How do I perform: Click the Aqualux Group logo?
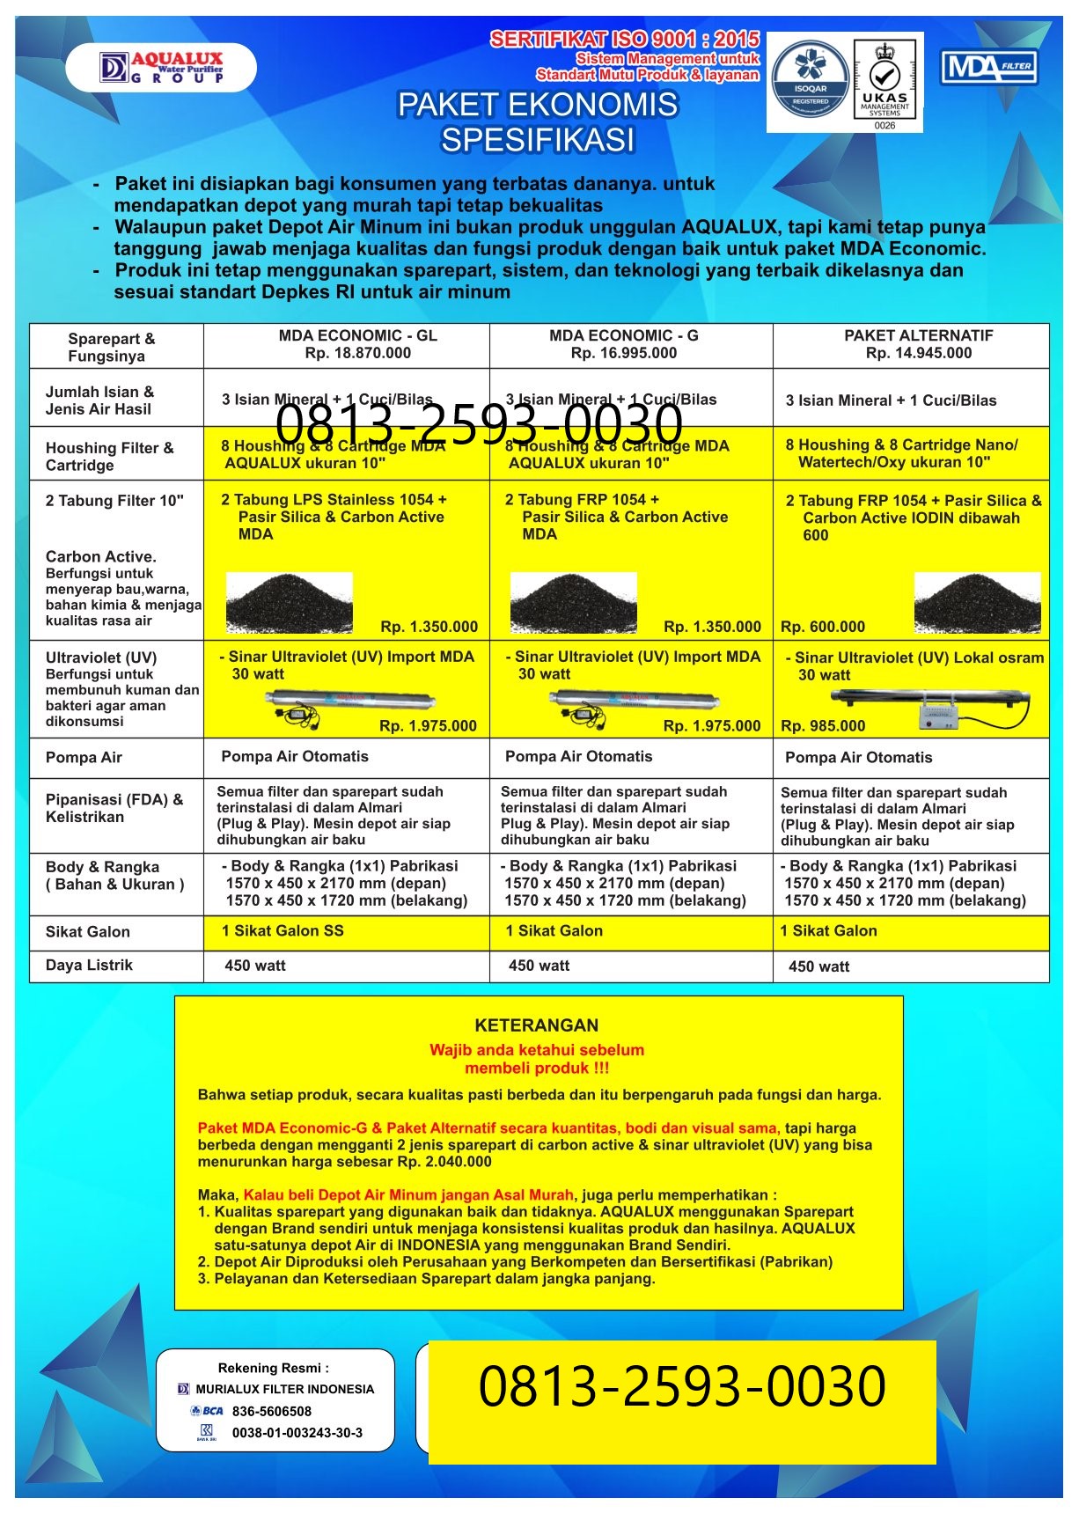(163, 68)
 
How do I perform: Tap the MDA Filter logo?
(989, 67)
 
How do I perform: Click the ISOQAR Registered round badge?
(810, 82)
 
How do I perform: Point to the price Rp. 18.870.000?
(357, 353)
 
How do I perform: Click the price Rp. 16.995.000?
(623, 353)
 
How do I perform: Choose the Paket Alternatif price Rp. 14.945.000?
(918, 353)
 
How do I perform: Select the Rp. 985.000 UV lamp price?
(822, 726)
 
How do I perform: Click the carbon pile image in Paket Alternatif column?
(977, 602)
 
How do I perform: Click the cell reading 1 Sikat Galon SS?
(283, 930)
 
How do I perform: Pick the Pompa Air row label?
(84, 757)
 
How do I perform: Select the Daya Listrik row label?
(89, 965)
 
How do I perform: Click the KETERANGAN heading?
(536, 1025)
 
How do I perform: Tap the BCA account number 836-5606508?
(271, 1410)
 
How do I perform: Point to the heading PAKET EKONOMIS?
(537, 105)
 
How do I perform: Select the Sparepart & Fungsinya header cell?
(111, 347)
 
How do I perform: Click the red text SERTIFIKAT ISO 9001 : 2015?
(624, 39)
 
